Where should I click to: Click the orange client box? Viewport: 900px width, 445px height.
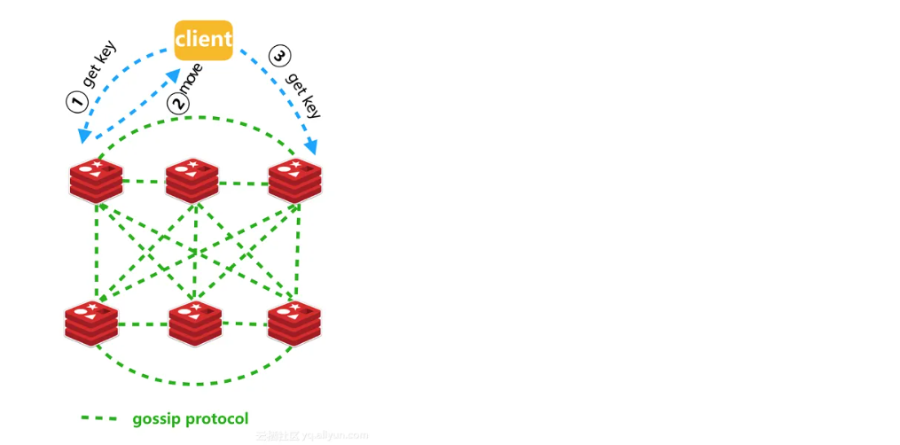203,40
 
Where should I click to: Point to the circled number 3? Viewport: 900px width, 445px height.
278,58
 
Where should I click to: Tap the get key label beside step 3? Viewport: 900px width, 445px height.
303,95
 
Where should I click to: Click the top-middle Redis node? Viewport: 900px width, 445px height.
192,180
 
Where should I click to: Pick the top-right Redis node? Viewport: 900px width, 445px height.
294,180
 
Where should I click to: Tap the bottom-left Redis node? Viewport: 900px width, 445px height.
91,323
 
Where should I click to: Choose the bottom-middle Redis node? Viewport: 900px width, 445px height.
195,323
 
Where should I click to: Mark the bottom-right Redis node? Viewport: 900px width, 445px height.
294,323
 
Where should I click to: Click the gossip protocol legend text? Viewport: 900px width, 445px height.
190,418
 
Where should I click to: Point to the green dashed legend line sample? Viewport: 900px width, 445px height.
98,418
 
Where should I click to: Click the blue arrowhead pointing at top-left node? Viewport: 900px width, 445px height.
84,136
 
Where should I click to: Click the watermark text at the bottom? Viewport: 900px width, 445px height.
311,436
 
